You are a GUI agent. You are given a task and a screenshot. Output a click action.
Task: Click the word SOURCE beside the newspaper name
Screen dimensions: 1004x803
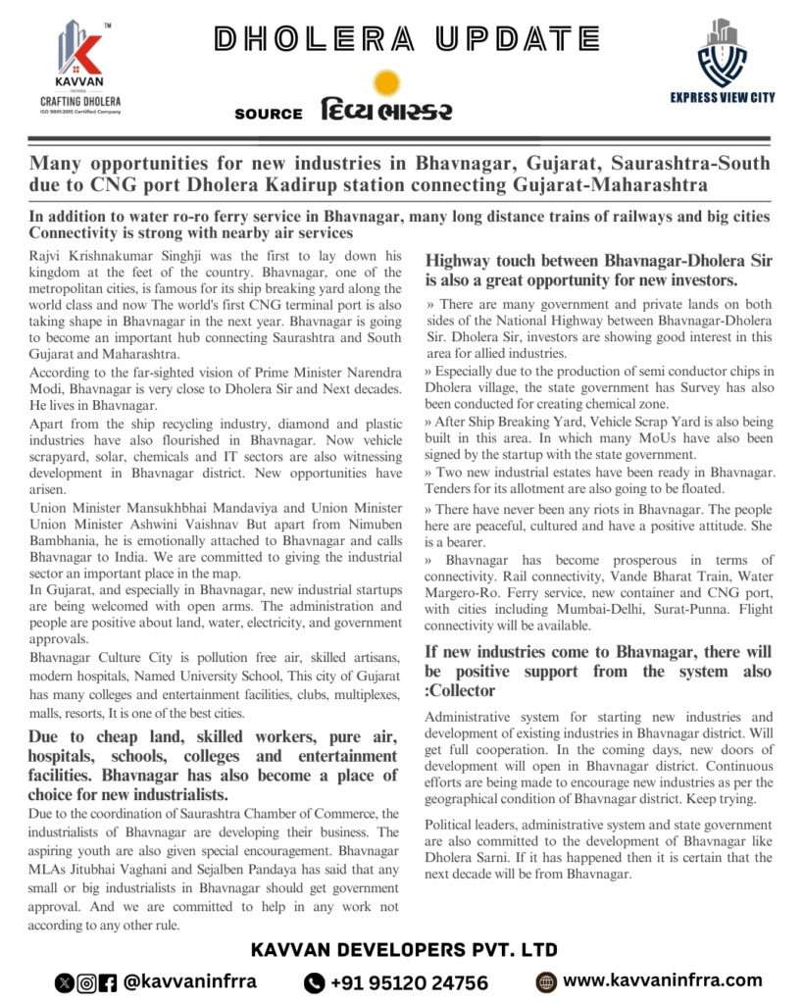[268, 114]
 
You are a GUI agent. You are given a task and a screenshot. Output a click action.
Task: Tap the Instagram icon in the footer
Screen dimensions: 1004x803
[86, 982]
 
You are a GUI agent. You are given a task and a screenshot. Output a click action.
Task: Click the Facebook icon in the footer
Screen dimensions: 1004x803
[108, 982]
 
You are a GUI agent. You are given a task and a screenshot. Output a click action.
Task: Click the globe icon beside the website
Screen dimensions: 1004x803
[547, 981]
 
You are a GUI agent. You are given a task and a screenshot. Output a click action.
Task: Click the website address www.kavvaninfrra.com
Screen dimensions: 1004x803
[663, 979]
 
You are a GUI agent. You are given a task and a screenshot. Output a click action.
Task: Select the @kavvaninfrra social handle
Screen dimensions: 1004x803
[190, 981]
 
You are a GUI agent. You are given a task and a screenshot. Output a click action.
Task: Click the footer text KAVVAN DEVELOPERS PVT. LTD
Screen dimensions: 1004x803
[404, 949]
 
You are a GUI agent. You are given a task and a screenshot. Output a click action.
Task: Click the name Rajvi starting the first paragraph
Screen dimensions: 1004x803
[49, 255]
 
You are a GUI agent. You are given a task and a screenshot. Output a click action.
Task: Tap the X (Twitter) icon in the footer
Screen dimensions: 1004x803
[65, 982]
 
